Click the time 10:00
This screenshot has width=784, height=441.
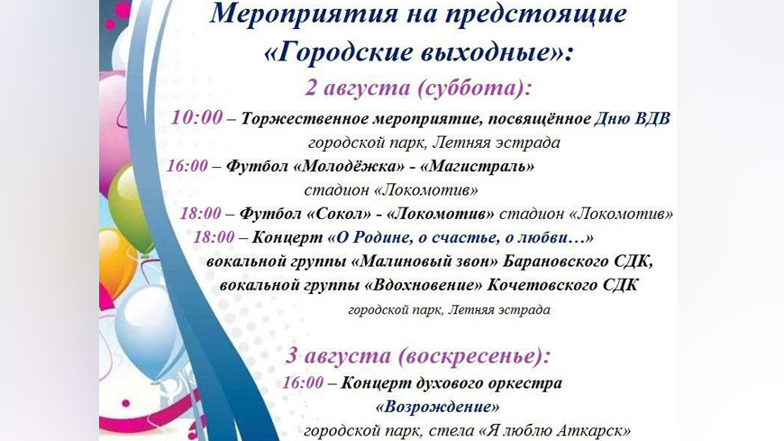(x=196, y=117)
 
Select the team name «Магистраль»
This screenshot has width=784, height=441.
(x=477, y=166)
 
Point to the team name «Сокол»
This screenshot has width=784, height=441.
(x=339, y=214)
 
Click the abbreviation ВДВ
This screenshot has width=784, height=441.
(x=652, y=119)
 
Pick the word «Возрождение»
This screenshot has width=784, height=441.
(x=437, y=407)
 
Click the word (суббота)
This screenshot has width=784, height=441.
(x=474, y=88)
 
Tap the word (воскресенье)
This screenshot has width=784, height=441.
(x=474, y=356)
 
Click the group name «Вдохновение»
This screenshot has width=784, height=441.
(x=424, y=285)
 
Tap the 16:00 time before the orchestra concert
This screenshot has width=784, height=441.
(x=303, y=383)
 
